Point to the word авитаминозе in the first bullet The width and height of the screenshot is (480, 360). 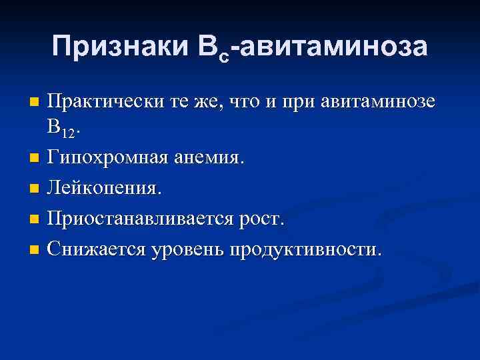tap(378, 102)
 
